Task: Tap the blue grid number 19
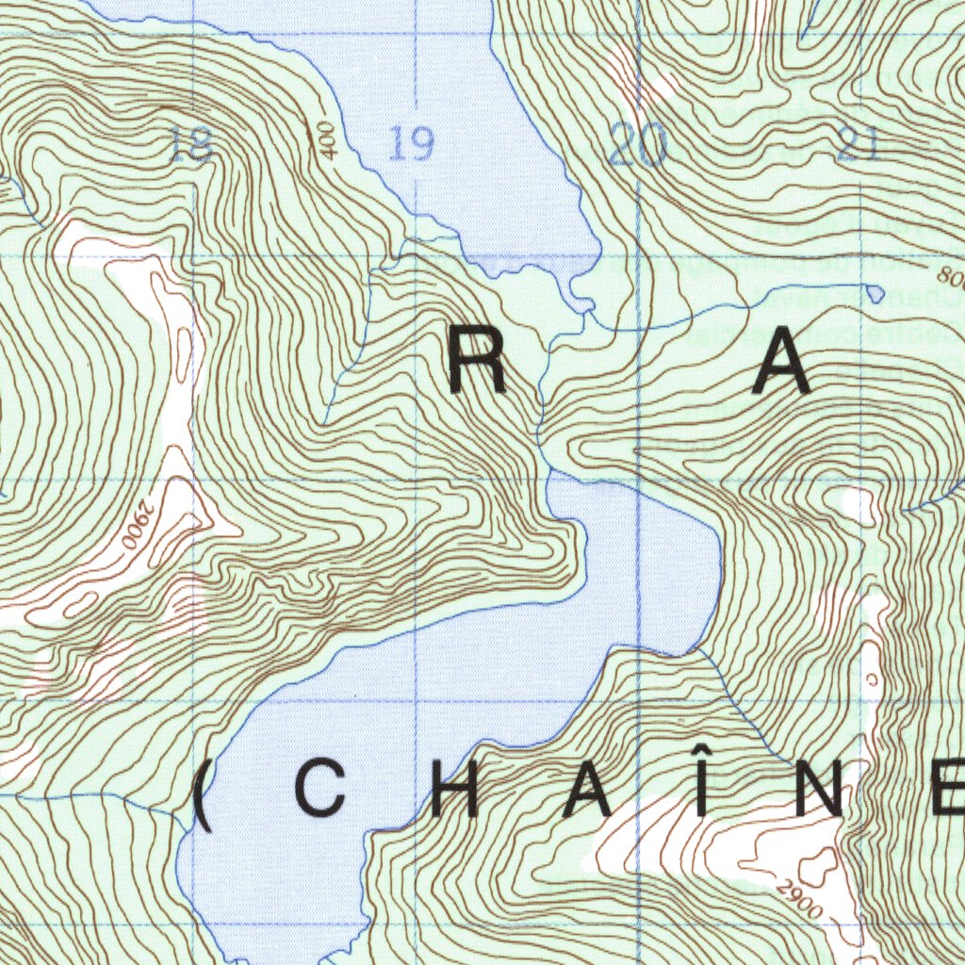[412, 145]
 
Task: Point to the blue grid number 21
[858, 144]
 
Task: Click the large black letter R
[478, 365]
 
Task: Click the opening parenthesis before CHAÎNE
[202, 797]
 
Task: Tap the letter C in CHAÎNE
[320, 791]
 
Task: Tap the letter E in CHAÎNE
[946, 791]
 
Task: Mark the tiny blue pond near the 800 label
[875, 294]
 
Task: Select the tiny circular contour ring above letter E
[872, 678]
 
